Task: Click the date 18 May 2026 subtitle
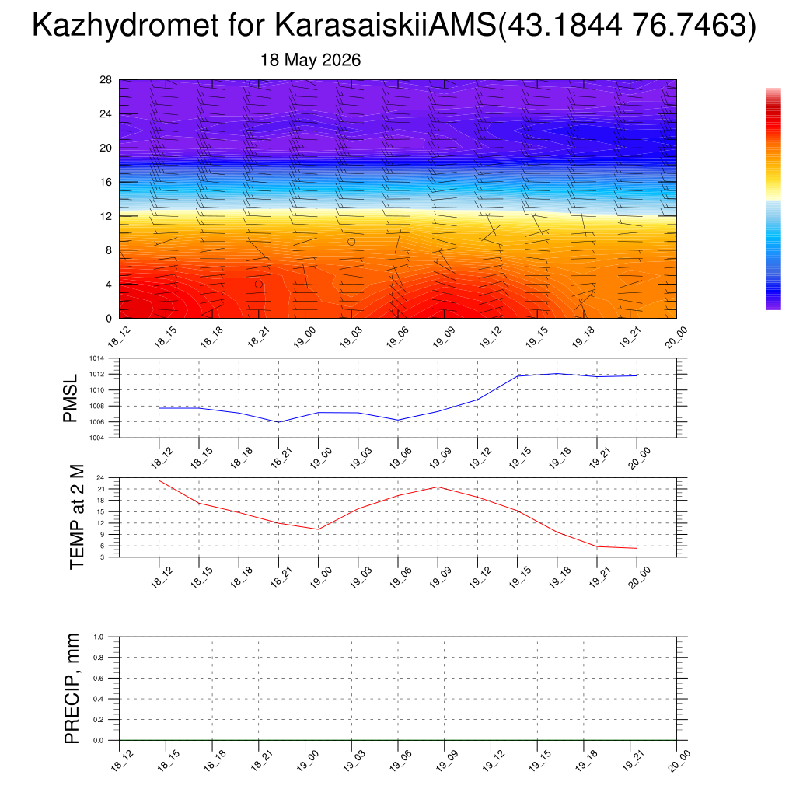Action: pos(310,60)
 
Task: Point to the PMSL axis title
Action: pos(70,398)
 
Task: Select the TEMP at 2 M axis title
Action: pos(76,517)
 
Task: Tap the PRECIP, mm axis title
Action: pos(72,689)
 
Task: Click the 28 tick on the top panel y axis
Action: pos(106,80)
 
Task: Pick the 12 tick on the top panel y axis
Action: pos(106,216)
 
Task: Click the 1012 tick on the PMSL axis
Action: pos(97,374)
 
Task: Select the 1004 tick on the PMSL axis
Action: pos(97,438)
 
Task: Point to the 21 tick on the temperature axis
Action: pos(100,489)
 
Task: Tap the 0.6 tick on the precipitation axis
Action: pos(99,678)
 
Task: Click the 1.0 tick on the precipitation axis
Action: pos(99,637)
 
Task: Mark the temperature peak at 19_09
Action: pos(438,487)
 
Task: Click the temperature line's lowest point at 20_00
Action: pos(637,548)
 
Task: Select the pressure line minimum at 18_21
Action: pos(279,422)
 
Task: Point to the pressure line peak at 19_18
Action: pos(557,374)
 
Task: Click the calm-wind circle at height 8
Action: pos(351,242)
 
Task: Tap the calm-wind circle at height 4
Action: pos(259,285)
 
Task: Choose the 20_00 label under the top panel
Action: pos(676,337)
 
